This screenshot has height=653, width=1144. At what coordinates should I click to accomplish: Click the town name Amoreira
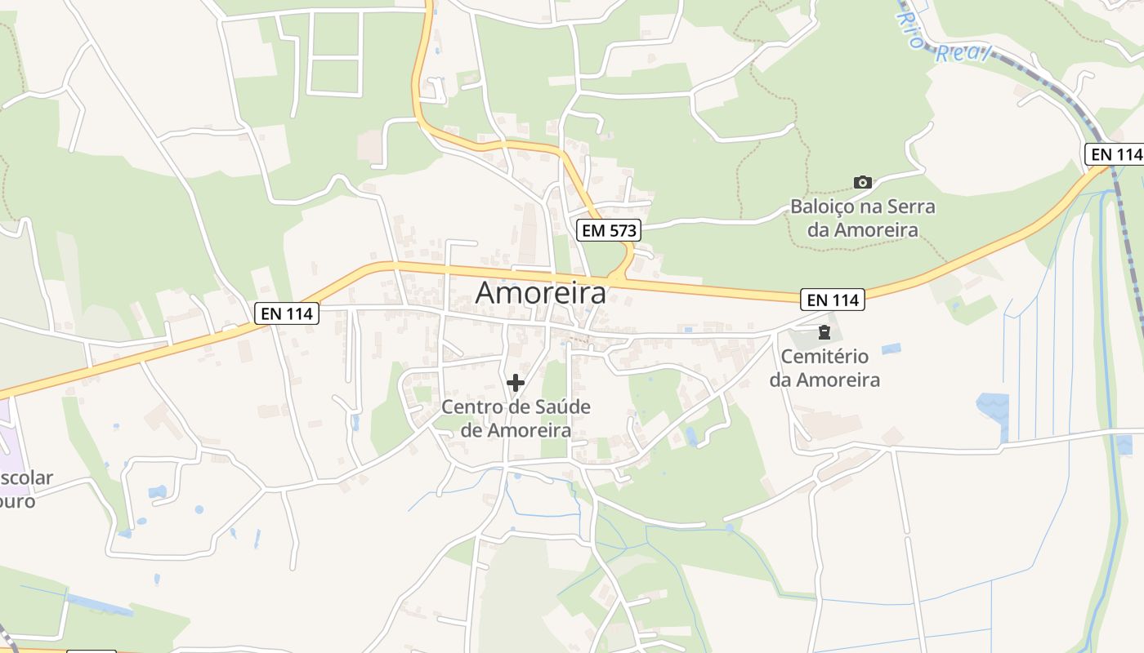541,292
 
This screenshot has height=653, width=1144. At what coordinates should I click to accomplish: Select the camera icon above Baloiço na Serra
862,182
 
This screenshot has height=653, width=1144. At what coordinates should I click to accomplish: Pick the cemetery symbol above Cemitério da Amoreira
824,333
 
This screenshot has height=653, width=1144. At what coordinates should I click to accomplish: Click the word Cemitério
824,357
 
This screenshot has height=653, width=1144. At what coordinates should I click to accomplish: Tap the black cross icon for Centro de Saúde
516,382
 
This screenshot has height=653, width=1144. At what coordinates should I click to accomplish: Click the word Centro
471,406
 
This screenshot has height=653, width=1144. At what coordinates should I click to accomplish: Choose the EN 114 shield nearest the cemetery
832,300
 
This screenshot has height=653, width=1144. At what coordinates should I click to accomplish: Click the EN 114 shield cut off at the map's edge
1115,153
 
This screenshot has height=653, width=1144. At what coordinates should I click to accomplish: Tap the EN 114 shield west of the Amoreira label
286,313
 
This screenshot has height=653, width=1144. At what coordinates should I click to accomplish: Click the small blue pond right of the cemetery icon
891,349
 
